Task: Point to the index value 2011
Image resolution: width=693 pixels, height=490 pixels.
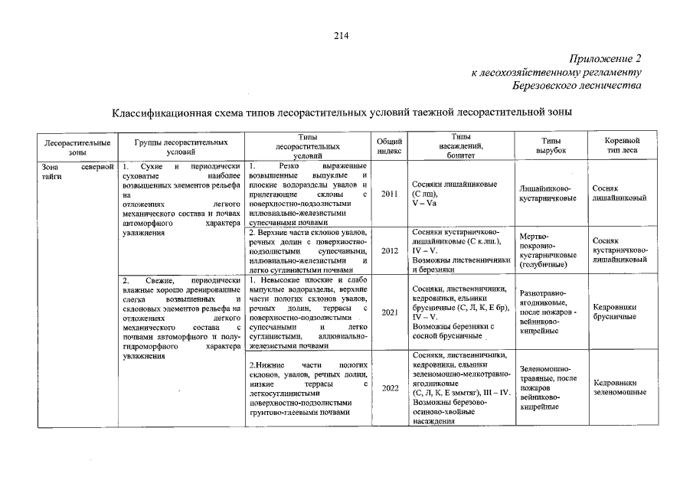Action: (x=389, y=194)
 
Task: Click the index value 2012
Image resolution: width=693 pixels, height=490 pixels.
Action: (x=389, y=250)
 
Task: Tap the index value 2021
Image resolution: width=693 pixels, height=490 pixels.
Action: (x=389, y=312)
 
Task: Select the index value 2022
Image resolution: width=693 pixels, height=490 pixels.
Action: (x=389, y=387)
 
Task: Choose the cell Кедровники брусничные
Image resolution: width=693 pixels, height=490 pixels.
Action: (x=615, y=312)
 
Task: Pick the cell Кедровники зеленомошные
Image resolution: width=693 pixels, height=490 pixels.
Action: (x=619, y=387)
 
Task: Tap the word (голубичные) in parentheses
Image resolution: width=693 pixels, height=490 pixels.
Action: (x=544, y=265)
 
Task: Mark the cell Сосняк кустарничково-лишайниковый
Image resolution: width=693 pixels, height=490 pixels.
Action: (x=619, y=250)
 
